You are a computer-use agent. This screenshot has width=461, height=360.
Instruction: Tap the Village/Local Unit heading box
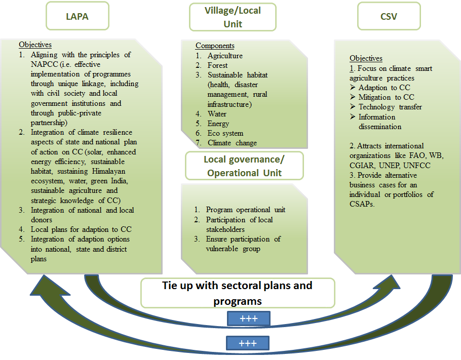233,17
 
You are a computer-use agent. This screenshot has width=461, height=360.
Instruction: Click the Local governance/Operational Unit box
244,166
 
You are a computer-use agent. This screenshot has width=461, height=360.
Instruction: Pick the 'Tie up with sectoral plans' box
237,293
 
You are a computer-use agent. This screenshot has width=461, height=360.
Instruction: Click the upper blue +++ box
249,318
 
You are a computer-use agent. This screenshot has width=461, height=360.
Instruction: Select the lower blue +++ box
248,343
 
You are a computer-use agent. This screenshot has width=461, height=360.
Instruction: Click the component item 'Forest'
217,65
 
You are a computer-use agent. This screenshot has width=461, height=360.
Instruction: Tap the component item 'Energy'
218,124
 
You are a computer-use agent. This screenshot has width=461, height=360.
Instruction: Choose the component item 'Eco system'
225,133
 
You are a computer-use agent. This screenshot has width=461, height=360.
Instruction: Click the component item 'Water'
217,114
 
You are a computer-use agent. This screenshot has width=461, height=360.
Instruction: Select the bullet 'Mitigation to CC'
386,97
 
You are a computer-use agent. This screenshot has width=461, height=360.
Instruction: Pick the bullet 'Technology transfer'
390,107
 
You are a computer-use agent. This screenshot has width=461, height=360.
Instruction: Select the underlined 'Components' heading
215,46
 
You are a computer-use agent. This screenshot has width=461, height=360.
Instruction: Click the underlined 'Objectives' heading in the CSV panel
366,58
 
